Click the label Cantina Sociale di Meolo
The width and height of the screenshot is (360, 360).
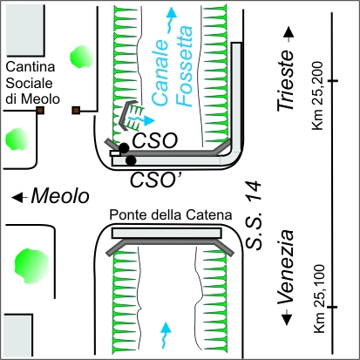tap(32, 83)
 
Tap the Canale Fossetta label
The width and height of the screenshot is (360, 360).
tap(172, 66)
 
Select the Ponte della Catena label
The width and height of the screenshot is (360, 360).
tap(171, 215)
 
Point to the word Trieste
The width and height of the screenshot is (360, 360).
tap(285, 80)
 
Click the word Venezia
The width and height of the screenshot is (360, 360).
tap(286, 268)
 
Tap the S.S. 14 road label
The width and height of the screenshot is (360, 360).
tap(254, 215)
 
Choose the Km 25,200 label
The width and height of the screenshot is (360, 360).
tap(317, 96)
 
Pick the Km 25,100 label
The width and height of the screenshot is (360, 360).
tap(318, 298)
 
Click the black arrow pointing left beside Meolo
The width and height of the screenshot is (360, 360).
tap(19, 197)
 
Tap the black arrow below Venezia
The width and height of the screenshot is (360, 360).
tap(287, 318)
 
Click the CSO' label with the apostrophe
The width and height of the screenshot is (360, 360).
tap(155, 180)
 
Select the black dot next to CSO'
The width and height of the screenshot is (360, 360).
tap(131, 160)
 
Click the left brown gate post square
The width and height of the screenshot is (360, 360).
tap(40, 110)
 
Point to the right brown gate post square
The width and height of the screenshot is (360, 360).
tap(76, 110)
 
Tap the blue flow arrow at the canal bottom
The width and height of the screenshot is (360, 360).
tap(166, 335)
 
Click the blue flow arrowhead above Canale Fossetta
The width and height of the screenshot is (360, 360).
tap(172, 13)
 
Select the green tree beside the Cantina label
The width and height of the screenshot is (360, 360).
tap(81, 57)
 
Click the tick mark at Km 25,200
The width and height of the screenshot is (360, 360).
tap(331, 80)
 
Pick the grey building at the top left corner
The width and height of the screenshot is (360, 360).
tap(25, 30)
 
